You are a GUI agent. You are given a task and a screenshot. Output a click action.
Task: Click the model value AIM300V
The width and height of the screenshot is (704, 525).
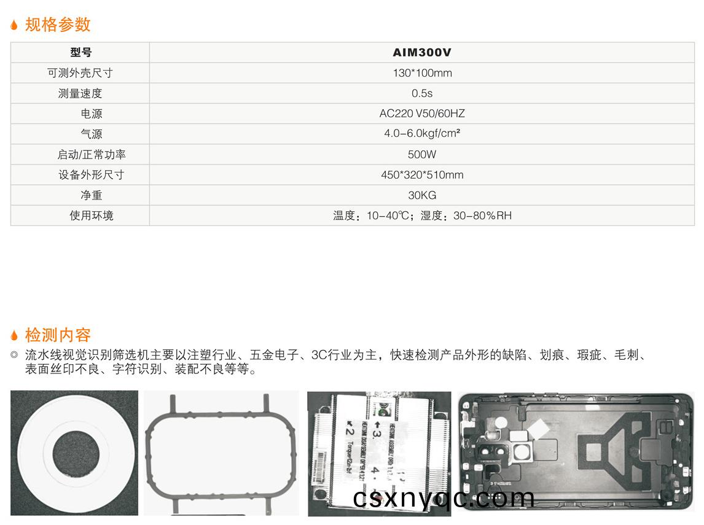[x=422, y=53]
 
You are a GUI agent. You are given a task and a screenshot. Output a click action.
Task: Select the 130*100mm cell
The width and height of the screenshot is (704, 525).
[x=422, y=73]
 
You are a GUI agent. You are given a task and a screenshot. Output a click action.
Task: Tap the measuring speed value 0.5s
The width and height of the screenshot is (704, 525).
[x=422, y=93]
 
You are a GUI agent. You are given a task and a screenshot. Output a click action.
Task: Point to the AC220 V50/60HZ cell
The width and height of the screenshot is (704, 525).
[x=422, y=114]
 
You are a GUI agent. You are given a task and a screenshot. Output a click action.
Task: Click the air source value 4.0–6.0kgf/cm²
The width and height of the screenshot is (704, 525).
[x=422, y=134]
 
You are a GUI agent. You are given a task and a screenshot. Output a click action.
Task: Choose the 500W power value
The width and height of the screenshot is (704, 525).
[x=422, y=154]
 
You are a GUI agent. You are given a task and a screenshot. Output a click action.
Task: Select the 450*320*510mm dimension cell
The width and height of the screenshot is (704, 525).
[x=422, y=175]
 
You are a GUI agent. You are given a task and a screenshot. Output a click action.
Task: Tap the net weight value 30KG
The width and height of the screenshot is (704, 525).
[x=422, y=195]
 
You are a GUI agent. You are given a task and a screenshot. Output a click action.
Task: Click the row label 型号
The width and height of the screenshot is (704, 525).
[x=80, y=53]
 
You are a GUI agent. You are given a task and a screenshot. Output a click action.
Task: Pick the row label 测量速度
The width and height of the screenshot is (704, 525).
[x=80, y=93]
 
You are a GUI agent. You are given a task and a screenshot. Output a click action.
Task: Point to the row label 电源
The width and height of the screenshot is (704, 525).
[x=92, y=114]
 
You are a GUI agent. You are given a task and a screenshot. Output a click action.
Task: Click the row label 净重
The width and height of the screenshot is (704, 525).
[x=92, y=195]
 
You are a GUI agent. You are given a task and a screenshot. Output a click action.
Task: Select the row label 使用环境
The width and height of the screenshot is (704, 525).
[x=92, y=216]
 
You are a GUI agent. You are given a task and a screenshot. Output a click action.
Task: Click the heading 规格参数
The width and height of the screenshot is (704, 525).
[x=58, y=25]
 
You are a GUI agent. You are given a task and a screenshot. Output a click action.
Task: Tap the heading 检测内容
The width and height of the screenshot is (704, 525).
[x=58, y=335]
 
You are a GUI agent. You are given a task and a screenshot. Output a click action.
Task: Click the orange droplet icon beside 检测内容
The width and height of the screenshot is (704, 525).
[x=15, y=335]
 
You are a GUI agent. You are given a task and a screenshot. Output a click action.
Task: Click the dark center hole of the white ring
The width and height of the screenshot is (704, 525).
[x=74, y=453]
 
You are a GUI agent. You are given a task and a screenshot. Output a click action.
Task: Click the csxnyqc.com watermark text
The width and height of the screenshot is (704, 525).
[x=444, y=498]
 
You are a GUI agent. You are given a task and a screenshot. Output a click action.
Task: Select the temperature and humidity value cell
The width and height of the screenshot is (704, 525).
[x=422, y=216]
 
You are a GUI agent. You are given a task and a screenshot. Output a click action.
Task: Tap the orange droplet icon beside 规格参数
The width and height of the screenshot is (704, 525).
[x=15, y=25]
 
